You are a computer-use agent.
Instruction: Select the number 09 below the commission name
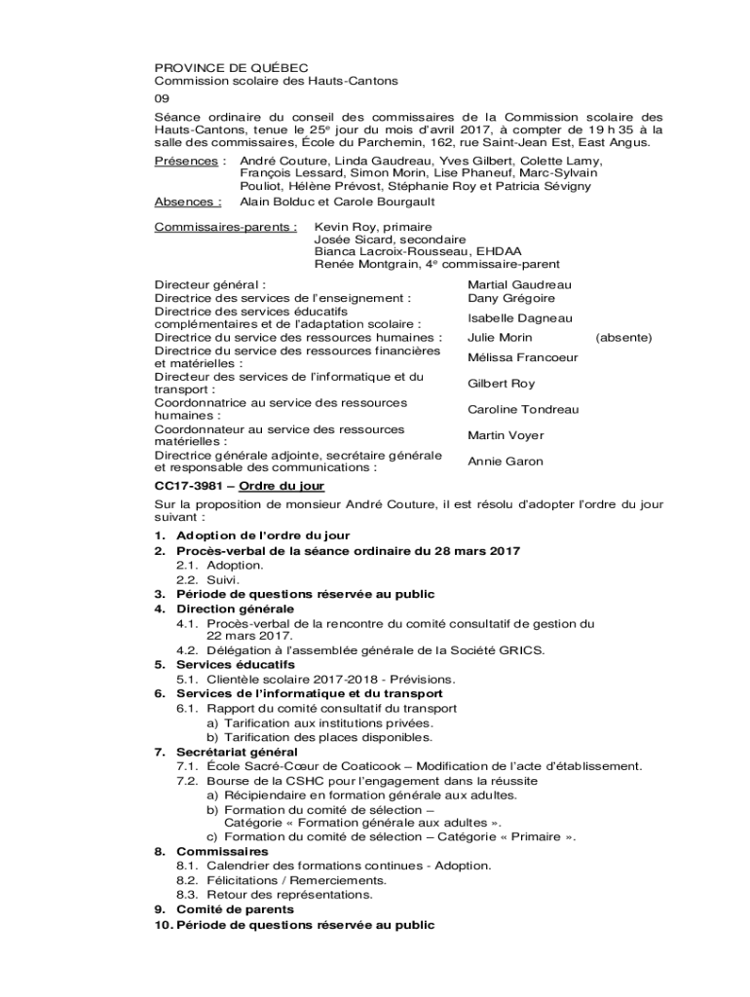click(x=163, y=99)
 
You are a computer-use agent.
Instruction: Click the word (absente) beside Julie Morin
click(x=623, y=338)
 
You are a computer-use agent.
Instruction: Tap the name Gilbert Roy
click(x=501, y=384)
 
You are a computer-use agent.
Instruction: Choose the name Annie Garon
click(x=505, y=462)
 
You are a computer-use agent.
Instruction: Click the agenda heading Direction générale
click(x=235, y=609)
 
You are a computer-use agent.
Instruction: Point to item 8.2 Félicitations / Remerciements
click(x=281, y=880)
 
